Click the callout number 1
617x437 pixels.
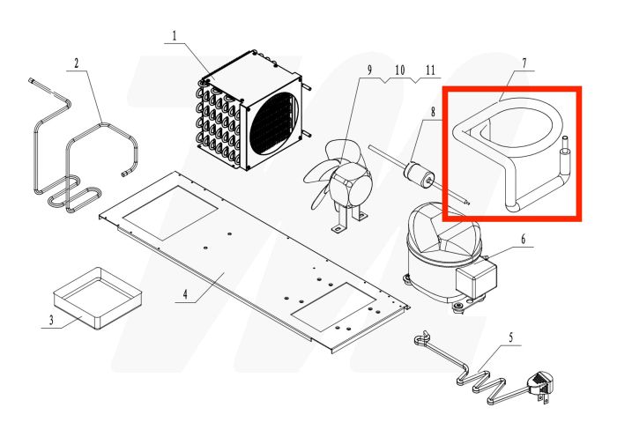(174, 36)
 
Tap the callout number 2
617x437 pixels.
(77, 63)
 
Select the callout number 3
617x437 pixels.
(51, 320)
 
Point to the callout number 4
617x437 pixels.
(185, 293)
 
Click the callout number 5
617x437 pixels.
(511, 337)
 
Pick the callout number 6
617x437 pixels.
(523, 239)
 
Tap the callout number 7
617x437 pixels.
(524, 63)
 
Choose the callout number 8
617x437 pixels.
(434, 112)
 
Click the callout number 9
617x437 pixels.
(369, 70)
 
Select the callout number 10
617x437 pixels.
(400, 70)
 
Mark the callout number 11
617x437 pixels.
(430, 70)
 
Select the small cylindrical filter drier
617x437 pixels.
(420, 173)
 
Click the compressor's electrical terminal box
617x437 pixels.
(475, 279)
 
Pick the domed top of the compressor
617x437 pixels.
(444, 232)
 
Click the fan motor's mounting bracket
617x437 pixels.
(349, 219)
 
